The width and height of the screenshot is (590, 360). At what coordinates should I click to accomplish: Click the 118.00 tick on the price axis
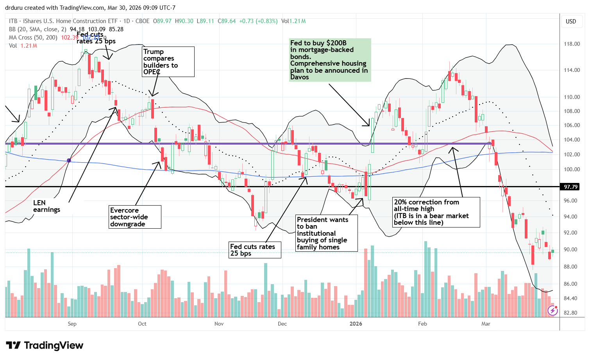(572, 44)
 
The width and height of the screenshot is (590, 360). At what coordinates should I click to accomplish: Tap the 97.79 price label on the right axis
(571, 187)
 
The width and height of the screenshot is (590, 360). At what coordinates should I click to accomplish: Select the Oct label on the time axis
(142, 324)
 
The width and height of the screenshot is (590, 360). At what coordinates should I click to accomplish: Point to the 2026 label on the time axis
(356, 324)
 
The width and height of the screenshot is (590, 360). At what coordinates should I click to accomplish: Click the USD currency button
(571, 21)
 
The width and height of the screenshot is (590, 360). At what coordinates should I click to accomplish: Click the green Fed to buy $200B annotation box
(329, 60)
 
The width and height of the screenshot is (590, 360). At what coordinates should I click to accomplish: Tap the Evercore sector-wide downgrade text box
(134, 217)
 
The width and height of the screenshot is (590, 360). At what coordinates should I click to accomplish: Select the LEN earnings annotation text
(46, 206)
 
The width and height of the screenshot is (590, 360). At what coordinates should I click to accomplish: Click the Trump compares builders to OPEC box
(168, 62)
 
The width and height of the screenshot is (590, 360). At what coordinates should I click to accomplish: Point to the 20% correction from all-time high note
(436, 212)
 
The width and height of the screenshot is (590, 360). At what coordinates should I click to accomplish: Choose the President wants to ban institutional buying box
(327, 233)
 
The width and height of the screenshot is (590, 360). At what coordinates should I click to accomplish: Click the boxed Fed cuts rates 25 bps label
(255, 250)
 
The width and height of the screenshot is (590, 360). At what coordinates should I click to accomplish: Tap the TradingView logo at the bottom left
(45, 345)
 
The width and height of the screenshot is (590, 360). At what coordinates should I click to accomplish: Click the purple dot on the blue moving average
(69, 160)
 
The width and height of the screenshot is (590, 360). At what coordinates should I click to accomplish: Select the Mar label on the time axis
(486, 324)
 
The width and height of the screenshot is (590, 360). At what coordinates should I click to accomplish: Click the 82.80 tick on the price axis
(572, 313)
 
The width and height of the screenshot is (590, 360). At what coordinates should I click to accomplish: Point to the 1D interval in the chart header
(127, 21)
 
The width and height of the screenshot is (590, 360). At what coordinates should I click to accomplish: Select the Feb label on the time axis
(422, 324)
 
